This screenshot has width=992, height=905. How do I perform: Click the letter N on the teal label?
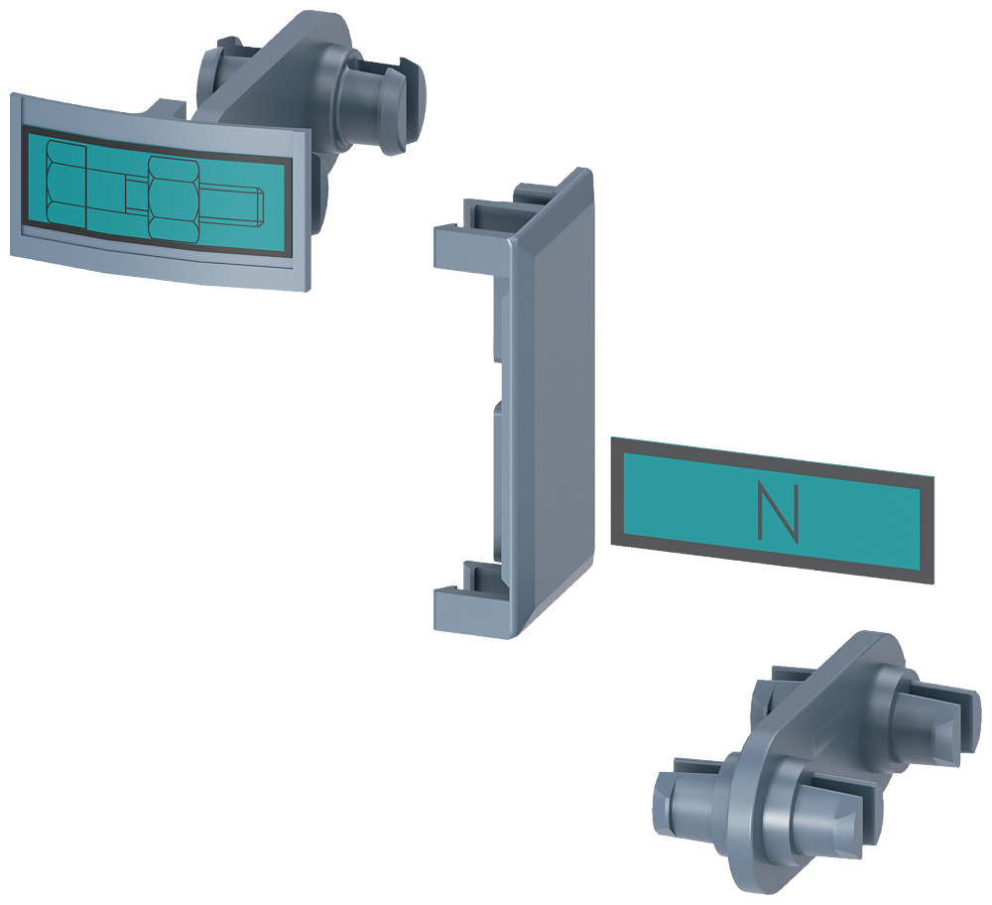click(778, 513)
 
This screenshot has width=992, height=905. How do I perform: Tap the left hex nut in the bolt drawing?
click(65, 183)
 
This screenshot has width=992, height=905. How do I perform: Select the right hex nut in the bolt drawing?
click(174, 198)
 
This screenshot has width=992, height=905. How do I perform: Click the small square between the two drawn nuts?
click(135, 194)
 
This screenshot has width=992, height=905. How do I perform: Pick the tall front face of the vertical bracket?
click(553, 405)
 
